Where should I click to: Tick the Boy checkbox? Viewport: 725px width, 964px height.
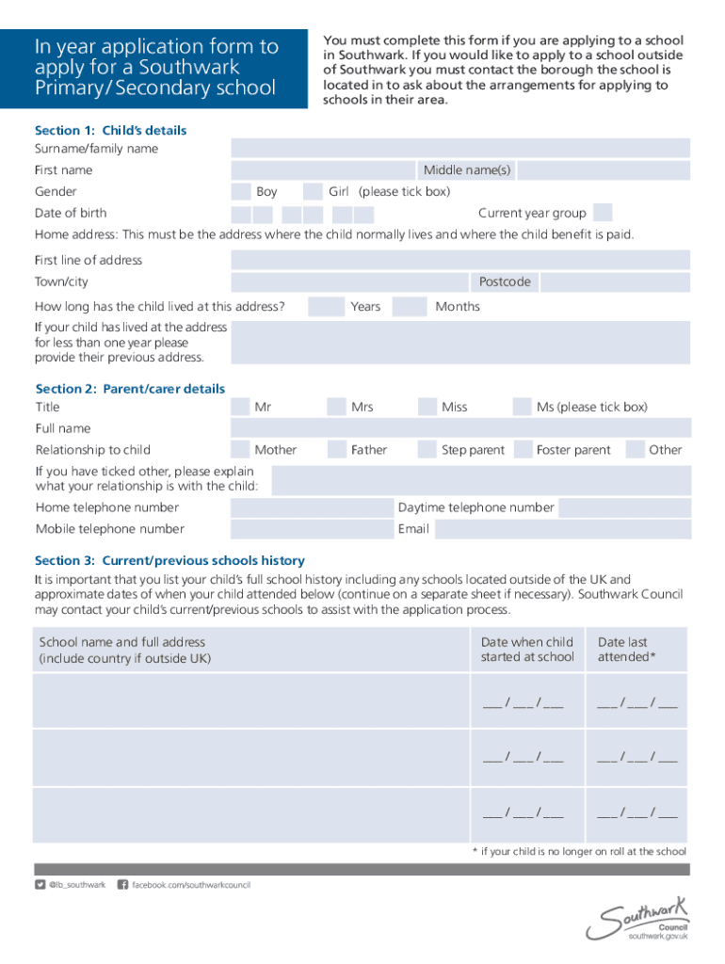(240, 192)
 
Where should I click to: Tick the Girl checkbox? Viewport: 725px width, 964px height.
(313, 192)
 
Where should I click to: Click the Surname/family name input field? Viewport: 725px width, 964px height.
(460, 148)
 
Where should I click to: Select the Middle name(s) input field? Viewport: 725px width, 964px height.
(604, 170)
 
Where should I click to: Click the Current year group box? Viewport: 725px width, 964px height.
(604, 213)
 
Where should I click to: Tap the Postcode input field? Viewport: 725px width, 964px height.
(615, 282)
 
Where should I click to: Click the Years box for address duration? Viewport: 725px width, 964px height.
(326, 307)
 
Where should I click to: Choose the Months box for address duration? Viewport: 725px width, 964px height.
(410, 307)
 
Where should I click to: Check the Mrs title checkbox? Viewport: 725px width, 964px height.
(336, 407)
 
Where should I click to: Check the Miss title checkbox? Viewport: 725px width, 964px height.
(427, 407)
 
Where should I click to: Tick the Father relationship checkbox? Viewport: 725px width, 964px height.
(336, 450)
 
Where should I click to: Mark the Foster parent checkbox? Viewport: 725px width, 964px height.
(521, 450)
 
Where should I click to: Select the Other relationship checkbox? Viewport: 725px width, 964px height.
(634, 450)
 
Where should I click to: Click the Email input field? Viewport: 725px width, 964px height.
(562, 529)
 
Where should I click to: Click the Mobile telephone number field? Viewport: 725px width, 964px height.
(312, 529)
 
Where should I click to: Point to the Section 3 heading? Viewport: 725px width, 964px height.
(169, 560)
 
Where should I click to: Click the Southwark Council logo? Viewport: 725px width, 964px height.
(638, 918)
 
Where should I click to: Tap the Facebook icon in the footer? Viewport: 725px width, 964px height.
(122, 885)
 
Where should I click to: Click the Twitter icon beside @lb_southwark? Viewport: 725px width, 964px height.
(40, 885)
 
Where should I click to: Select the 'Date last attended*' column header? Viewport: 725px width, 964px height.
(623, 650)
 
